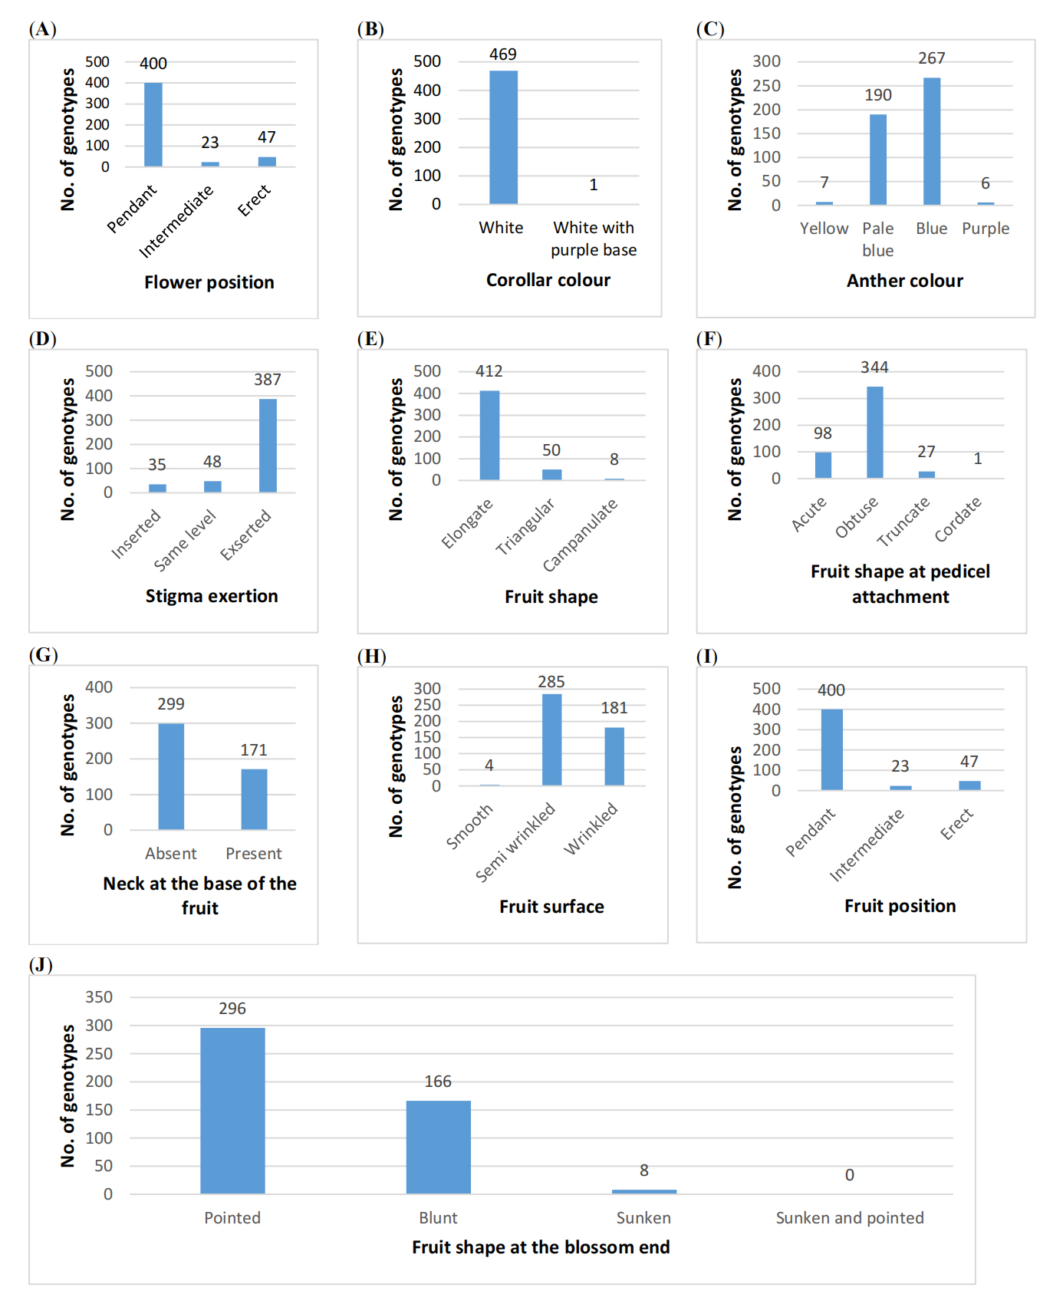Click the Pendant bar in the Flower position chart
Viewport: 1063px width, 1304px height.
pos(153,124)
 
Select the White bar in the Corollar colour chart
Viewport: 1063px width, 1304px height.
pos(503,137)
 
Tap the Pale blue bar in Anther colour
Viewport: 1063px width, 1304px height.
pos(878,160)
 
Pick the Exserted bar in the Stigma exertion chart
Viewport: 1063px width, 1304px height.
pos(268,446)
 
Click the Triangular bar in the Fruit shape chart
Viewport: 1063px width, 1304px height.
pos(551,474)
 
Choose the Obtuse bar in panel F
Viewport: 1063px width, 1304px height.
pos(874,433)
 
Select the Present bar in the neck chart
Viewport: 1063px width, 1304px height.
pos(254,799)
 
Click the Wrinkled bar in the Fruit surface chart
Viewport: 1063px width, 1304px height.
pos(614,756)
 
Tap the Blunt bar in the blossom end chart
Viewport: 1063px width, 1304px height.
pos(438,1148)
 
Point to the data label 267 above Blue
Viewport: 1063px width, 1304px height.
pos(931,58)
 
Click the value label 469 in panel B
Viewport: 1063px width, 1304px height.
pos(503,54)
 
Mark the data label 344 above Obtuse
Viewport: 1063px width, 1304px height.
pos(874,367)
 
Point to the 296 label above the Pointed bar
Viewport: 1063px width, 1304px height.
pos(232,1009)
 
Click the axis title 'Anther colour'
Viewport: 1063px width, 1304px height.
pos(904,281)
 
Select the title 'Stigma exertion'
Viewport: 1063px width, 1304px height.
pos(212,596)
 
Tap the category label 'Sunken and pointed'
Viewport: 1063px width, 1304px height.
pos(849,1218)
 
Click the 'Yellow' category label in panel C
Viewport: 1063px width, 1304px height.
pos(824,229)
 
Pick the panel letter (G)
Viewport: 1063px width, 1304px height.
pos(43,655)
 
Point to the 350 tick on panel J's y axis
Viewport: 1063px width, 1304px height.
pos(99,997)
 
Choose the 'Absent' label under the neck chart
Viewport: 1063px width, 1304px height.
pos(170,854)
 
